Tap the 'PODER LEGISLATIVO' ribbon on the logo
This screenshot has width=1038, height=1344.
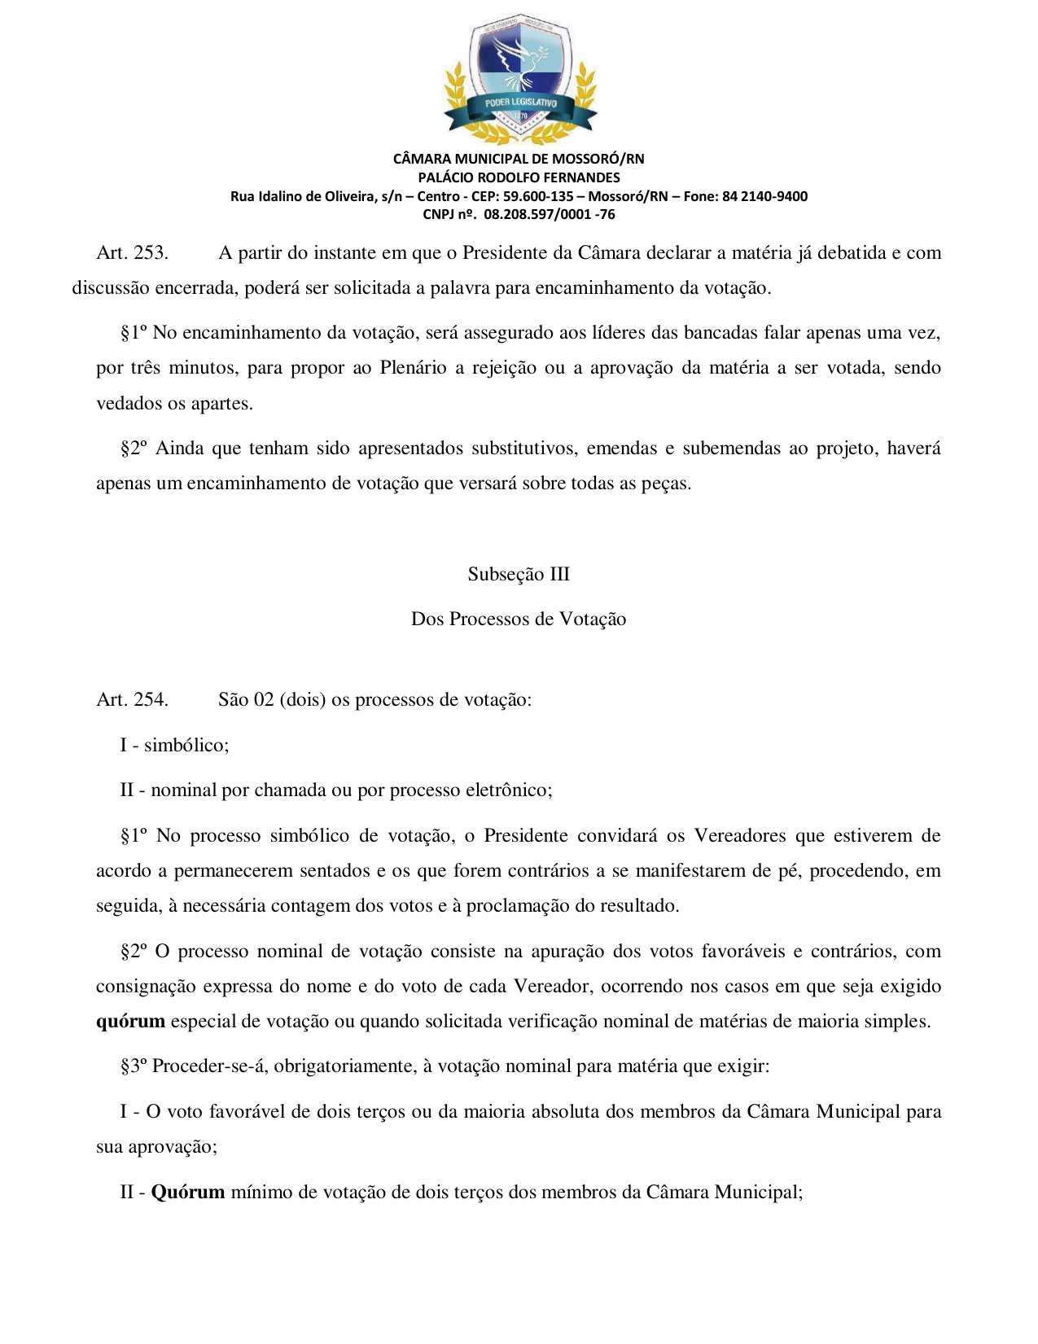(520, 103)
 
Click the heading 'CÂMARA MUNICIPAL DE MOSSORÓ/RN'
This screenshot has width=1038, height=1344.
(519, 159)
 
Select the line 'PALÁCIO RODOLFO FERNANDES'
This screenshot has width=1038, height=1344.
(519, 177)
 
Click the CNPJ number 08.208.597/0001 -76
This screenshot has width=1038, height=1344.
(550, 215)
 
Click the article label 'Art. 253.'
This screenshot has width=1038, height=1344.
(133, 252)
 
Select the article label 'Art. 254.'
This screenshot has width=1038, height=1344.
(133, 699)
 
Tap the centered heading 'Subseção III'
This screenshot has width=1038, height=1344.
(519, 574)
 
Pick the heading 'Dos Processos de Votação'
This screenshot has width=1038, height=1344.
(519, 619)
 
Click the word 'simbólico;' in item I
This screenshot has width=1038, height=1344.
(186, 745)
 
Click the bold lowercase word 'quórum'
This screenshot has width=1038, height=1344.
(130, 1021)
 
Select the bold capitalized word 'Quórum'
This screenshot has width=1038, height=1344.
(188, 1192)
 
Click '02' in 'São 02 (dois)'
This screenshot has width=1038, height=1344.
(263, 699)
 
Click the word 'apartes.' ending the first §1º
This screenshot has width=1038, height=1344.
(221, 403)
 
